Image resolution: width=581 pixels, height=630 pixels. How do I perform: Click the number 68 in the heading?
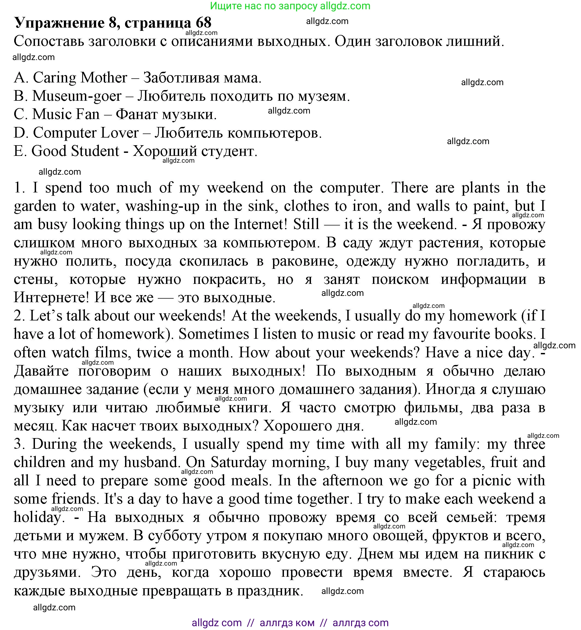[x=203, y=22]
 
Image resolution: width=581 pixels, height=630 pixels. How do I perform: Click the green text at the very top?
[x=290, y=6]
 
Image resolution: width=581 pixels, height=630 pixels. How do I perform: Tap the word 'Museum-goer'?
[x=77, y=96]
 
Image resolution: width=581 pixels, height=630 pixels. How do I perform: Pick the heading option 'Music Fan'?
[x=66, y=114]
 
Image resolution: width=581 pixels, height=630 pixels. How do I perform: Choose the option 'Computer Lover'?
[x=85, y=133]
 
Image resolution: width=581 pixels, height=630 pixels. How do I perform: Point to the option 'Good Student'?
[x=75, y=151]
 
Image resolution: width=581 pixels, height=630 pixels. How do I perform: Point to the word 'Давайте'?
[x=41, y=371]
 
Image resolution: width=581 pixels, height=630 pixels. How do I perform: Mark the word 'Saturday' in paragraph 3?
[x=238, y=462]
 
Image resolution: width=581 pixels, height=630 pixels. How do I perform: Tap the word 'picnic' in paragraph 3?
[x=492, y=480]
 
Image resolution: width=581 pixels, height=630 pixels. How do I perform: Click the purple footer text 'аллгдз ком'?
[x=287, y=622]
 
